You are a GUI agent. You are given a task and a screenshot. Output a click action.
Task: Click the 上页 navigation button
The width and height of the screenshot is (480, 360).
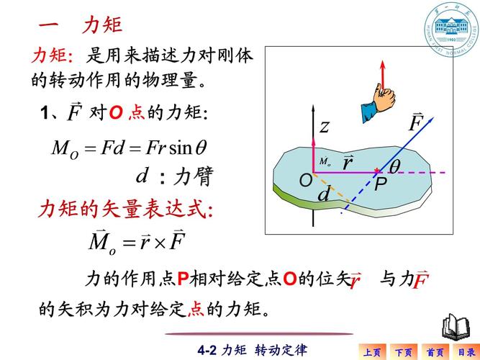click(372, 352)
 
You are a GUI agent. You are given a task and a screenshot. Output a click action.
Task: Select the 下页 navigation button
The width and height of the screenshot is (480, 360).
click(404, 352)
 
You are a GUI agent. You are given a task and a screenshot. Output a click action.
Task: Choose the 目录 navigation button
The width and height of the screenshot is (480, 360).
click(466, 352)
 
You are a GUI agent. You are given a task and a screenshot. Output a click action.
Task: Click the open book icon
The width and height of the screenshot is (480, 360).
click(455, 326)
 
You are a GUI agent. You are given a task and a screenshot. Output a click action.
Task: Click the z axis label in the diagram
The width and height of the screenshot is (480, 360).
click(325, 128)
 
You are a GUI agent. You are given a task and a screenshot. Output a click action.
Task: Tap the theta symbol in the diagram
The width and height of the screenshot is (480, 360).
click(395, 166)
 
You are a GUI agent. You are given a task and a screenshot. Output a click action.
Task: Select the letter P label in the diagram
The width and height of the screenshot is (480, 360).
click(381, 183)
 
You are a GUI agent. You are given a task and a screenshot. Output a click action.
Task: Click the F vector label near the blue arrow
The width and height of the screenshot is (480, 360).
click(415, 123)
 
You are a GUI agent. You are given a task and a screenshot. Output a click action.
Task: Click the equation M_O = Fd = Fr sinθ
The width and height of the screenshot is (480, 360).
click(130, 148)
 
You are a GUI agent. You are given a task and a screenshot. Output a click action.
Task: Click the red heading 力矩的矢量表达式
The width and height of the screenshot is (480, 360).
click(125, 210)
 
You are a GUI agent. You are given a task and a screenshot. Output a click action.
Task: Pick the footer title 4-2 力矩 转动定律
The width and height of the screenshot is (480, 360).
click(252, 350)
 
